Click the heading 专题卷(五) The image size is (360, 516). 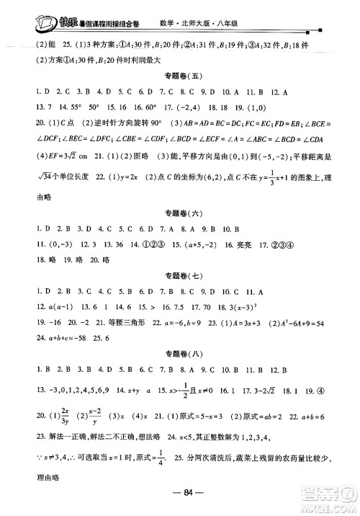179,78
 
